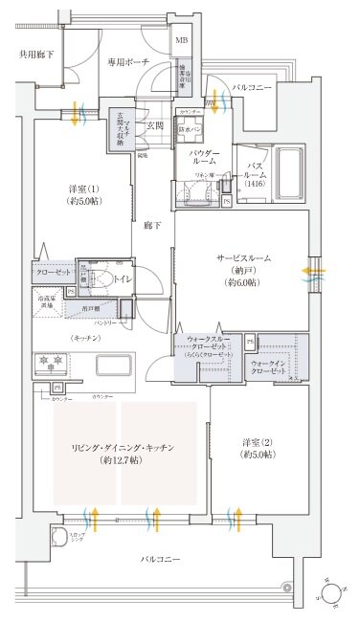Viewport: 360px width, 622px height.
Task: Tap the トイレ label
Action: point(124,281)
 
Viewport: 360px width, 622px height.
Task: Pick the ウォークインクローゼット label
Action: point(275,368)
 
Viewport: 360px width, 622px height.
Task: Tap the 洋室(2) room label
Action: point(258,448)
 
